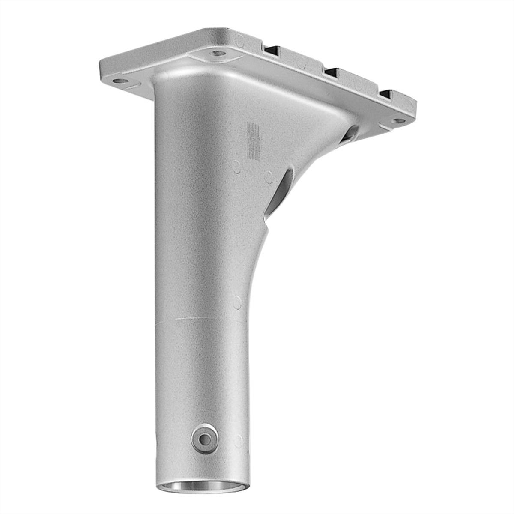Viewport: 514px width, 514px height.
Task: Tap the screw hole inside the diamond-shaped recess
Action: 218,54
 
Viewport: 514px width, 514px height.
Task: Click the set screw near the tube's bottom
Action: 205,439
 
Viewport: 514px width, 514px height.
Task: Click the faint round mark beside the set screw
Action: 239,441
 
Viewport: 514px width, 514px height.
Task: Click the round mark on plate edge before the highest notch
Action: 240,42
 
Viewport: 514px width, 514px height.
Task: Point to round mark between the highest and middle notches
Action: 302,65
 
